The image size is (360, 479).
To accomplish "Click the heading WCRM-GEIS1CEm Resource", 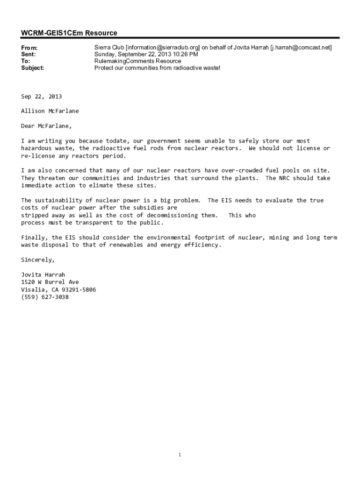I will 69,33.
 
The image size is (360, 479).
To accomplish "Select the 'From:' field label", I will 29,48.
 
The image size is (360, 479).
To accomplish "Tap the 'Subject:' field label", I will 33,68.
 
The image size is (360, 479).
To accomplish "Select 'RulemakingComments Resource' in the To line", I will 137,61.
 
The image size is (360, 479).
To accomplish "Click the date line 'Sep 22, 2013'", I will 41,96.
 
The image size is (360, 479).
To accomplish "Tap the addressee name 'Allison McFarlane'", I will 50,111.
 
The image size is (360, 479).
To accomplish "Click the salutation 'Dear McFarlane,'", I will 46,126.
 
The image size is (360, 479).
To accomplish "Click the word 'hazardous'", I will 36,148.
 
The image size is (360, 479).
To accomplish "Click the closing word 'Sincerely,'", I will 38,260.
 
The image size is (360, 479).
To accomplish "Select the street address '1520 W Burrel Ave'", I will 50,282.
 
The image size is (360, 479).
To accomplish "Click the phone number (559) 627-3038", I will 44,297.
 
